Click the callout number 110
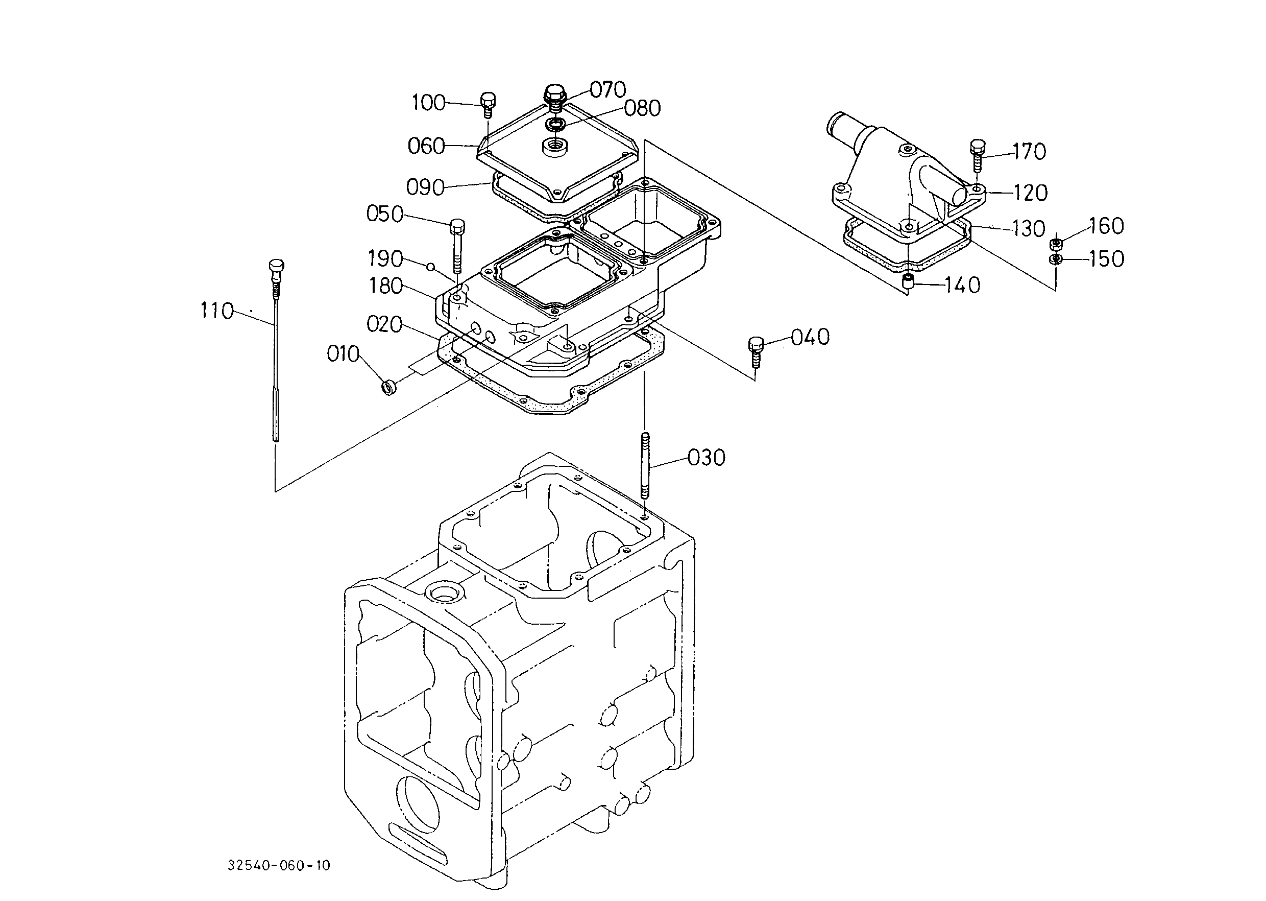[217, 311]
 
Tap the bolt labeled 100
[487, 104]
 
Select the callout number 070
[608, 89]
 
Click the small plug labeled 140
[908, 281]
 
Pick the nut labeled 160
[1056, 244]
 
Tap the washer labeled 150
[1056, 259]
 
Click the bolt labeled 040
[756, 352]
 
